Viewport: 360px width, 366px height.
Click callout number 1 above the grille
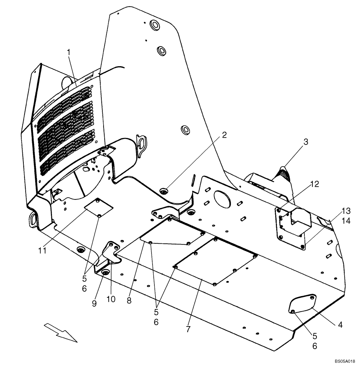(x=68, y=53)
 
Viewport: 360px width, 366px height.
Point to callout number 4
(x=340, y=324)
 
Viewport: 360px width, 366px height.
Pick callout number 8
(x=129, y=300)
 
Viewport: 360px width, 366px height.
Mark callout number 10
(x=111, y=299)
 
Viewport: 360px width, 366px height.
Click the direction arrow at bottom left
(x=61, y=332)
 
